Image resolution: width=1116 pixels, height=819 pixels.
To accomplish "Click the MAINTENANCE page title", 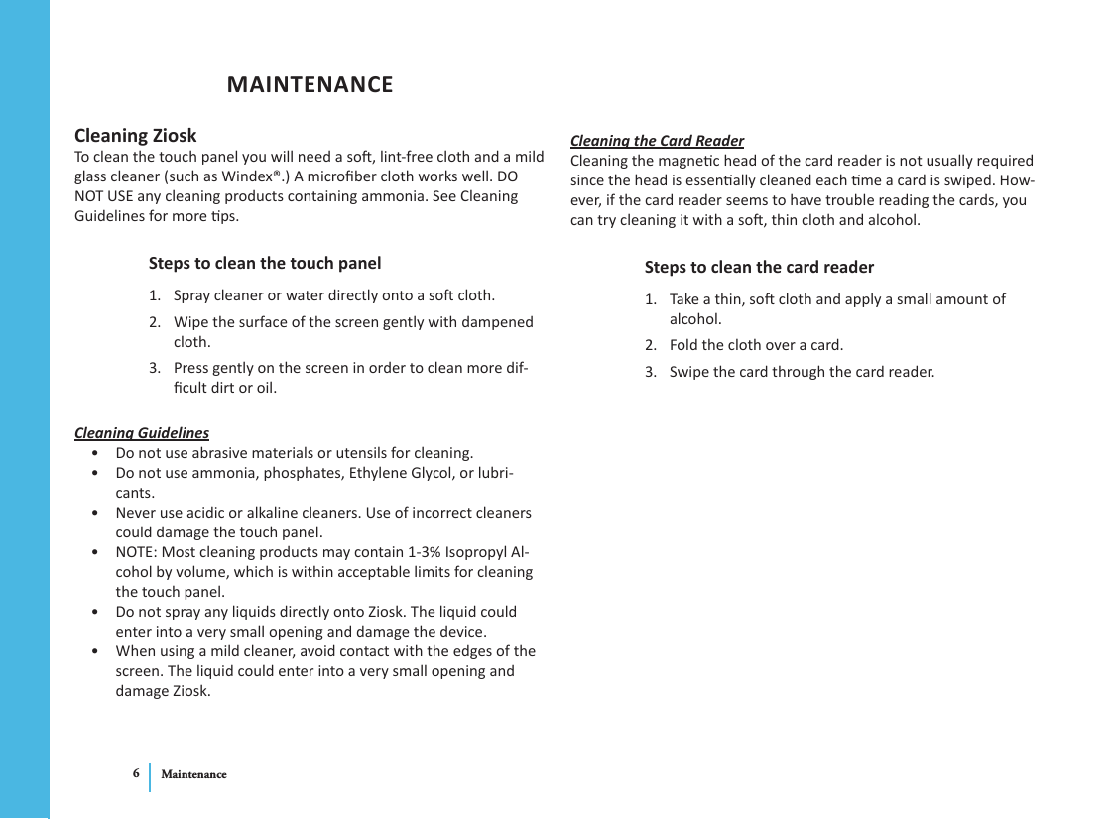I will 310,85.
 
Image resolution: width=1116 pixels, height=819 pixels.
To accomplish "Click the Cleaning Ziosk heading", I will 136,135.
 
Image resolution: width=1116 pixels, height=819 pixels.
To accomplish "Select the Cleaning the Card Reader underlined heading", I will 657,141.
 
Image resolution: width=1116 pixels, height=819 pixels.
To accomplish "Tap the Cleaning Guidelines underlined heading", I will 142,433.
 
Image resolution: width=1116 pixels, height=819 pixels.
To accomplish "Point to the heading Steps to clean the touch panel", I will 264,264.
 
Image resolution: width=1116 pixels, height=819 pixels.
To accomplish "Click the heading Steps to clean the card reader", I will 759,268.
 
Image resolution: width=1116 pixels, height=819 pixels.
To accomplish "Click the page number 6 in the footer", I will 136,773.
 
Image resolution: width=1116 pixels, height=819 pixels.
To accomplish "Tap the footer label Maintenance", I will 193,774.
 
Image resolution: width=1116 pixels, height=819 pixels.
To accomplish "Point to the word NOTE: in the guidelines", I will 136,552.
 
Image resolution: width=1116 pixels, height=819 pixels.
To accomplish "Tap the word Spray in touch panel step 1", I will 192,295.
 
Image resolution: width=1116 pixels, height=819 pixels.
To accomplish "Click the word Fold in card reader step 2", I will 683,346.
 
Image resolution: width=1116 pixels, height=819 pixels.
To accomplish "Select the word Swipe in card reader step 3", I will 690,373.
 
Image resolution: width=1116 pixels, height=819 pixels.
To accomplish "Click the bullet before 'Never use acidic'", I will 93,514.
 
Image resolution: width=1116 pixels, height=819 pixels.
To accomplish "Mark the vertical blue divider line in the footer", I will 151,777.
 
